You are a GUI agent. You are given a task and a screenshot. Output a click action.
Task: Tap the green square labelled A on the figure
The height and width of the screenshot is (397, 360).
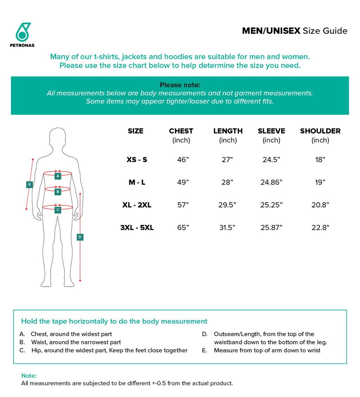click(x=58, y=175)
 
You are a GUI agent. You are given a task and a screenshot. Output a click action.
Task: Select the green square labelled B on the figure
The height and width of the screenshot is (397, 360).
click(x=58, y=192)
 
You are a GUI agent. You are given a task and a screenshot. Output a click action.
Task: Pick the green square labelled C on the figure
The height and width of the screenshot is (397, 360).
click(x=58, y=210)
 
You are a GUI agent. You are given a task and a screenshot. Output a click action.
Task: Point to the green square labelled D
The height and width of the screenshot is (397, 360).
click(x=80, y=237)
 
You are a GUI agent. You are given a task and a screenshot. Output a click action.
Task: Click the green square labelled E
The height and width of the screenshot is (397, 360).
click(x=30, y=184)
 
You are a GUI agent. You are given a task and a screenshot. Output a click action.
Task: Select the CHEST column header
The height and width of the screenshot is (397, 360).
click(x=181, y=131)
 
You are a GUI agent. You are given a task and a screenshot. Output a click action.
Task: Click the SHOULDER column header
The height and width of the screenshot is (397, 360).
click(x=320, y=131)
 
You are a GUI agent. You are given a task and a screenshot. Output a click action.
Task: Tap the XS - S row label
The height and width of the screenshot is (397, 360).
click(x=137, y=160)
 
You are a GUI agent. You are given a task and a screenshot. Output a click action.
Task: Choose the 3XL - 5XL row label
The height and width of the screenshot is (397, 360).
click(x=137, y=228)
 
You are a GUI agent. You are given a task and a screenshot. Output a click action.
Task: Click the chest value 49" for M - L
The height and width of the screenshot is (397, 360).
click(x=183, y=182)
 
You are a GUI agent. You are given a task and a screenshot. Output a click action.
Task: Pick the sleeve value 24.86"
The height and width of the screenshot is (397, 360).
click(x=271, y=182)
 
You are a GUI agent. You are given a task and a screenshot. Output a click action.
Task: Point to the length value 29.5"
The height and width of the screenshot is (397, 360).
click(x=227, y=205)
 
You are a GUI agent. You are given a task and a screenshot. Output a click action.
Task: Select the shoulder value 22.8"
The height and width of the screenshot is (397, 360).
click(x=320, y=228)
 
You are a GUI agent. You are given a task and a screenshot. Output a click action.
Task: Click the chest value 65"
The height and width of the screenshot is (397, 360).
click(x=183, y=228)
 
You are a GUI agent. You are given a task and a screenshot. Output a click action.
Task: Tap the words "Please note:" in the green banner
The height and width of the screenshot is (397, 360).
click(x=180, y=85)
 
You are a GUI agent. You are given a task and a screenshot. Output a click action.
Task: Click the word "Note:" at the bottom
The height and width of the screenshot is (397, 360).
click(x=29, y=376)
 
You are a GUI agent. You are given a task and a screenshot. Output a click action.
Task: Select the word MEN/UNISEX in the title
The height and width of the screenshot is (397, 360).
click(x=271, y=31)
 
